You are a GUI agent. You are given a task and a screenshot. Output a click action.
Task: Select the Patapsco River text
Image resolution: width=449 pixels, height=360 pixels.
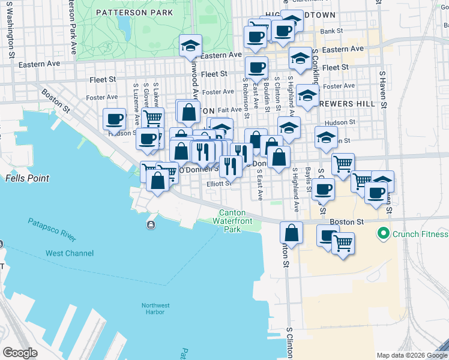[52, 230]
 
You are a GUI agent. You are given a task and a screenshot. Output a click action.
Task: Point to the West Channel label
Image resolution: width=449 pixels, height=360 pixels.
[70, 253]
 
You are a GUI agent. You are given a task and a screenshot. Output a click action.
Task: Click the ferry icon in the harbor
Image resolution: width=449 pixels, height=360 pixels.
[149, 225]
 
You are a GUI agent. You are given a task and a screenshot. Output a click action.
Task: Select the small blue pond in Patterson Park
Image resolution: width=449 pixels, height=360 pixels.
[124, 24]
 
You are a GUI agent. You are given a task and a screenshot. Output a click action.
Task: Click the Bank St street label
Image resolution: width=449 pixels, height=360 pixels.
[331, 31]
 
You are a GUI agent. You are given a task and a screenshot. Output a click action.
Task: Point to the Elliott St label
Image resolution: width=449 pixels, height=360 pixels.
[218, 184]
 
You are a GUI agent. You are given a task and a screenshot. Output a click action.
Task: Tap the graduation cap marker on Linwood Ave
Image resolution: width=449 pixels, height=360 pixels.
[191, 45]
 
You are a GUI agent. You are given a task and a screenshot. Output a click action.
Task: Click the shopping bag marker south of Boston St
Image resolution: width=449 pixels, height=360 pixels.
[291, 233]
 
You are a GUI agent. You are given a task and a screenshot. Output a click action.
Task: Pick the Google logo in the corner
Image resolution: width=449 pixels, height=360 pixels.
[20, 353]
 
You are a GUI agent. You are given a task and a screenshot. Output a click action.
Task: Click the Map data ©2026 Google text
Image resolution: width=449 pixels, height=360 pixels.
[412, 355]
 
